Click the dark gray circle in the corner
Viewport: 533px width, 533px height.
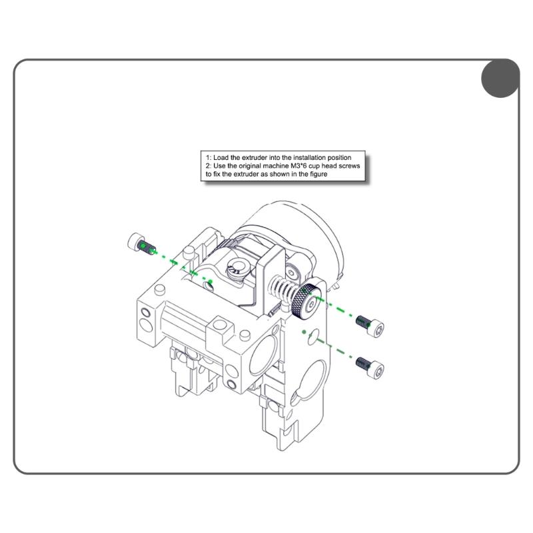pos(500,78)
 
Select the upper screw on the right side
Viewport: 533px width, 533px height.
pos(370,325)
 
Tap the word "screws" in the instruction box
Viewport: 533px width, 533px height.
pos(351,165)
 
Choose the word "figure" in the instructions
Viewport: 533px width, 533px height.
pos(316,173)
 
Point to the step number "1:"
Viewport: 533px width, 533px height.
pos(209,157)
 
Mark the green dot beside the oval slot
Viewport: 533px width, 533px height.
pos(304,331)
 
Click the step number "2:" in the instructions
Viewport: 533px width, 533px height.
pos(209,165)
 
